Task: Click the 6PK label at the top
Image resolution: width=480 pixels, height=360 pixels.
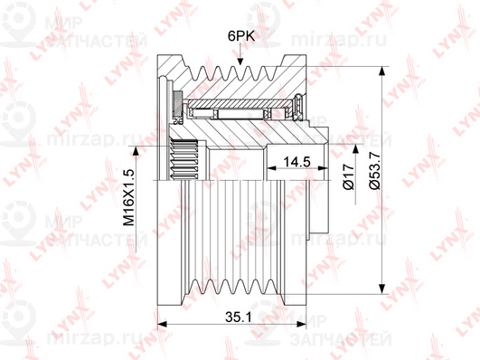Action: (x=241, y=36)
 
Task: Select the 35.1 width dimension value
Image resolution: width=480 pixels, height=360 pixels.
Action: (x=239, y=317)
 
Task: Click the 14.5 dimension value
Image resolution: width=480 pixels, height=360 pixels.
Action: (x=296, y=162)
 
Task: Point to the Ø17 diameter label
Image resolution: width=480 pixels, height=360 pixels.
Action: (x=349, y=176)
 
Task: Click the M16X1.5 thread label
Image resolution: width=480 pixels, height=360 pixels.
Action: (x=129, y=197)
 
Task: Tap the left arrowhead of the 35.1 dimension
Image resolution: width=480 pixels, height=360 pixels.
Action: (x=162, y=324)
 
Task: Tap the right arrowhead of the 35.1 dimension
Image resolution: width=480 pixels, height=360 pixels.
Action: (x=302, y=324)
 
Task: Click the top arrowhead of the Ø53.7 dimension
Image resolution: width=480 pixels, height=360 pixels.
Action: (x=381, y=71)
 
